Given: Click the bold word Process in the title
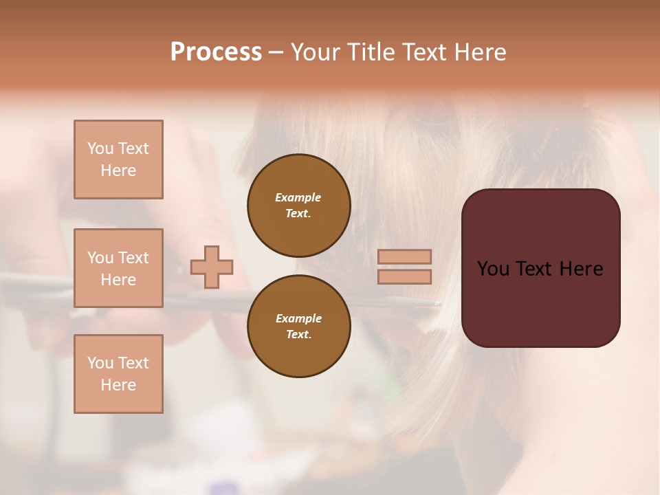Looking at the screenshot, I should point(216,52).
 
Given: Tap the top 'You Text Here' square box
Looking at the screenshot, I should point(118,159).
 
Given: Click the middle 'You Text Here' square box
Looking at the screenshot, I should point(118,268).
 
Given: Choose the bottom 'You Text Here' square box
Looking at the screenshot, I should point(118,374).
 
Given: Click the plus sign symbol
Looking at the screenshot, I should point(212,267).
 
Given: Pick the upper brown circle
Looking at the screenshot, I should point(298,205).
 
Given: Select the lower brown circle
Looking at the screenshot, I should point(298,326).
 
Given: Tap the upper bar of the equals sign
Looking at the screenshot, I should point(405,256).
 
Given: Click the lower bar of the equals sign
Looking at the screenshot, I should point(405,276).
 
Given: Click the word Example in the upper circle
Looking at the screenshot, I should point(298,197).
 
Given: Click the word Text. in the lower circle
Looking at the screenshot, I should point(298,334).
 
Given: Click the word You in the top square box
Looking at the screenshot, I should point(99,148).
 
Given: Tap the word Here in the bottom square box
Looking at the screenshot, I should point(118,385).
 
